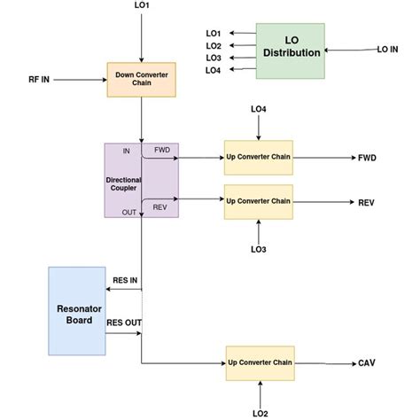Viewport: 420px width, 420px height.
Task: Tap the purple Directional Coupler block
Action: [142, 180]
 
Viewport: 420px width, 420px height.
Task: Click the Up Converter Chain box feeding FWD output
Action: [258, 158]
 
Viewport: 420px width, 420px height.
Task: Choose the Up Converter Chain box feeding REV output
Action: [258, 201]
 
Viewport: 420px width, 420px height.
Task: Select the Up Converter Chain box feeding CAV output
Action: [259, 362]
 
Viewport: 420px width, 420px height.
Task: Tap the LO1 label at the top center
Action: [142, 7]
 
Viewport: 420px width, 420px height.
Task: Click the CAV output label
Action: [366, 362]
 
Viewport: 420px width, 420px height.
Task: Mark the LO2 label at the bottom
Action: [259, 412]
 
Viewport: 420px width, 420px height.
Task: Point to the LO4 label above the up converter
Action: [258, 110]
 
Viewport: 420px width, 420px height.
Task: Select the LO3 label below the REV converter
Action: [258, 250]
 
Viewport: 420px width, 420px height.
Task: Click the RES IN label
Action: [125, 281]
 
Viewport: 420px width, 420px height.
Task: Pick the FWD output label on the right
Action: [366, 159]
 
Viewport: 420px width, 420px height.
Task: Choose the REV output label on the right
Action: [366, 202]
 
